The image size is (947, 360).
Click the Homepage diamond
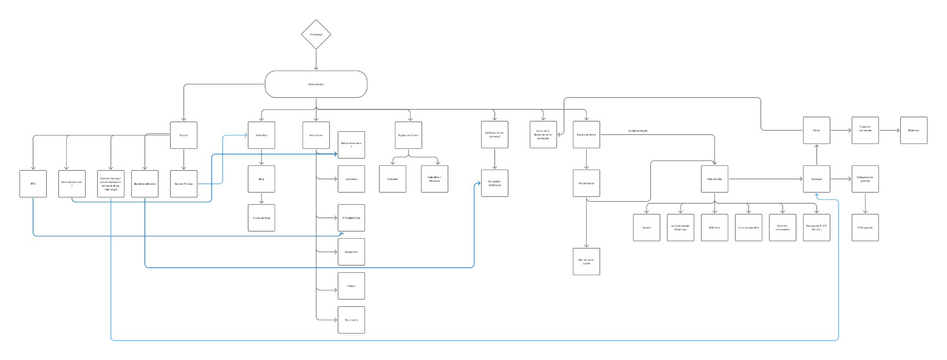(316, 35)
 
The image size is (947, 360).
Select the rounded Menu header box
(316, 84)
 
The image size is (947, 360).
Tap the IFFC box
(33, 184)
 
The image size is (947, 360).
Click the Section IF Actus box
(184, 184)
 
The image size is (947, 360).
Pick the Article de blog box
(261, 218)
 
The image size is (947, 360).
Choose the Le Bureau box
(351, 179)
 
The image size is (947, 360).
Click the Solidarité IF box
(351, 252)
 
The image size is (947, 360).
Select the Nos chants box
(351, 320)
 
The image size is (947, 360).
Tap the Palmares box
(393, 179)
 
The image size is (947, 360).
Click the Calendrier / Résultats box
(434, 179)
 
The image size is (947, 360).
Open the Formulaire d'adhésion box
(495, 183)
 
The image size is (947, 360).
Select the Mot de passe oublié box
(586, 261)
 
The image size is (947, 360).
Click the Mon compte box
(715, 179)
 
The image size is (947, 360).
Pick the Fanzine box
(646, 228)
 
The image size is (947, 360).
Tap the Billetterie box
(715, 228)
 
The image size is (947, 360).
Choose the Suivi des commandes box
(783, 228)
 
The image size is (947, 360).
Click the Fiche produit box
(865, 228)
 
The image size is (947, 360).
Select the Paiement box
(914, 130)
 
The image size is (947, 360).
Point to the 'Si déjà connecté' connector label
(638, 131)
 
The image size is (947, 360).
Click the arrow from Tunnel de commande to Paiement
(889, 130)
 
